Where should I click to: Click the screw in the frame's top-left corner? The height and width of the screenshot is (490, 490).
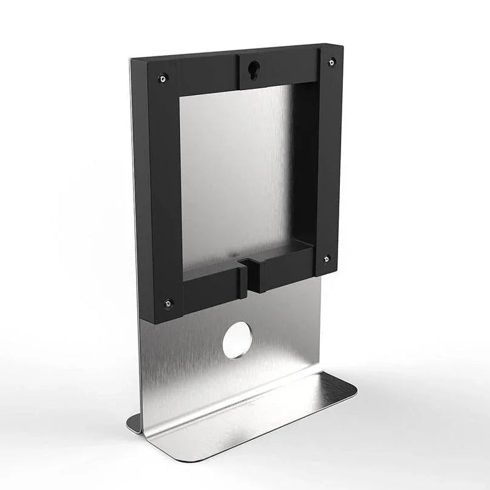(162, 78)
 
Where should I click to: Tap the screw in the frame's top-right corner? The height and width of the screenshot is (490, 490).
(332, 62)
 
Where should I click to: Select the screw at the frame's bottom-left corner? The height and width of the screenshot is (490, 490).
(168, 302)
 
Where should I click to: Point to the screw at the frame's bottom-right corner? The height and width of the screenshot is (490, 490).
(326, 259)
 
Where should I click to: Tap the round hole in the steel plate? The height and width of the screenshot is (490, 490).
(237, 339)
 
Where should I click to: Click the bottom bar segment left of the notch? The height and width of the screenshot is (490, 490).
(212, 290)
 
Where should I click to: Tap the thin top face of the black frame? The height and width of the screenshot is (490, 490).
(236, 53)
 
